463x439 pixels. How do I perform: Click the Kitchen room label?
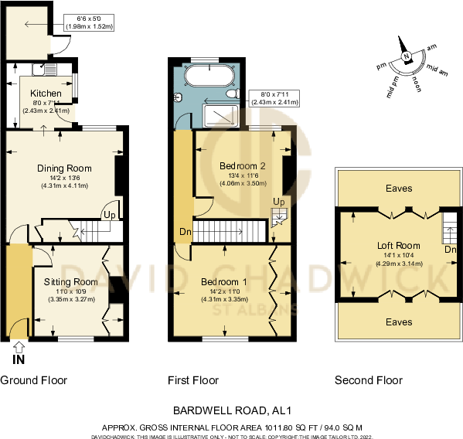pyautogui.click(x=46, y=94)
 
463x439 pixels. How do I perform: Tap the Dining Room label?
pyautogui.click(x=64, y=168)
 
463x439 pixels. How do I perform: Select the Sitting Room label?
pyautogui.click(x=70, y=281)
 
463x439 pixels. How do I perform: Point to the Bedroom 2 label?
pyautogui.click(x=243, y=166)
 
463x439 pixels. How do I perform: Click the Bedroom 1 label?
pyautogui.click(x=223, y=281)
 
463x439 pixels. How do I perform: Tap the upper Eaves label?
pyautogui.click(x=399, y=188)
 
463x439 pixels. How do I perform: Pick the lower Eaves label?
pyautogui.click(x=399, y=322)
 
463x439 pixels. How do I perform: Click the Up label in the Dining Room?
pyautogui.click(x=110, y=216)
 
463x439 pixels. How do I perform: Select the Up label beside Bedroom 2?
pyautogui.click(x=279, y=202)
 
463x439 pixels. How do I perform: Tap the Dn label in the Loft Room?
pyautogui.click(x=451, y=250)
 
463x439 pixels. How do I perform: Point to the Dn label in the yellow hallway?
pyautogui.click(x=185, y=232)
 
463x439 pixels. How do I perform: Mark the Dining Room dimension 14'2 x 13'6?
pyautogui.click(x=65, y=177)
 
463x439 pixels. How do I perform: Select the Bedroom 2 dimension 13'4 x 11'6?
pyautogui.click(x=243, y=175)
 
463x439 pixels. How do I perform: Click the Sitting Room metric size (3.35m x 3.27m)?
pyautogui.click(x=70, y=298)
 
